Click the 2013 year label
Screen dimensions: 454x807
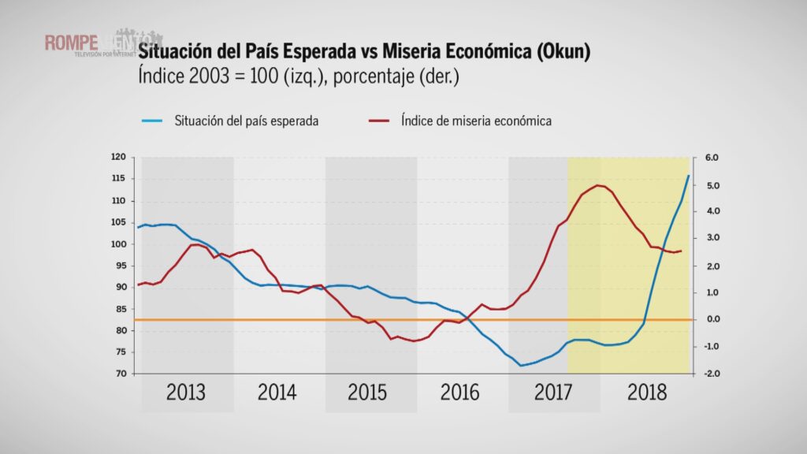pos(186,393)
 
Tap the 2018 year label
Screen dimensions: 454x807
pos(646,393)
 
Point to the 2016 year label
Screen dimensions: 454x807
pos(461,393)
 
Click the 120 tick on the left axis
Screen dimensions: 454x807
pos(120,158)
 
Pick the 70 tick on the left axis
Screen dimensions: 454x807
pos(122,374)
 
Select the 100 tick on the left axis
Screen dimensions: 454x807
pos(120,244)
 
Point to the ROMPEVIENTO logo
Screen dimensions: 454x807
pos(102,43)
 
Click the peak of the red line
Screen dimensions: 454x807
pos(598,185)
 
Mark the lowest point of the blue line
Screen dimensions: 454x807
pos(521,366)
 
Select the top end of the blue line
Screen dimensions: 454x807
pos(688,176)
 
